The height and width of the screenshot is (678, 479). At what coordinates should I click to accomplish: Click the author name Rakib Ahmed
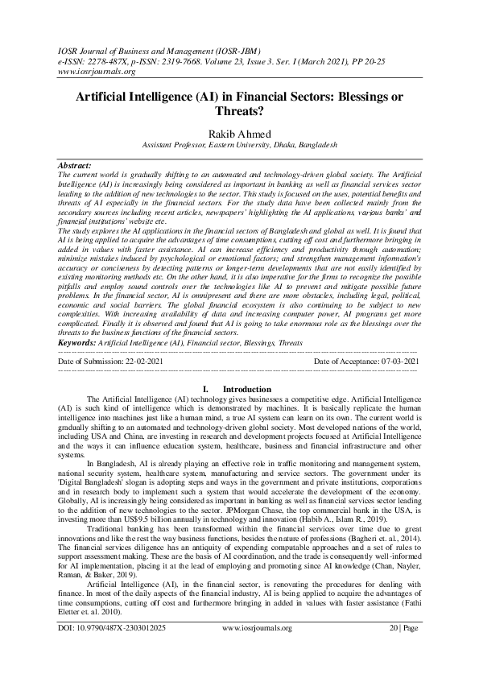click(x=238, y=132)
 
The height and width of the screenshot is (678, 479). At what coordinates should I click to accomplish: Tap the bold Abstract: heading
click(x=76, y=165)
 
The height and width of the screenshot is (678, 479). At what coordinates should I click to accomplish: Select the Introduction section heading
click(x=246, y=389)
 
